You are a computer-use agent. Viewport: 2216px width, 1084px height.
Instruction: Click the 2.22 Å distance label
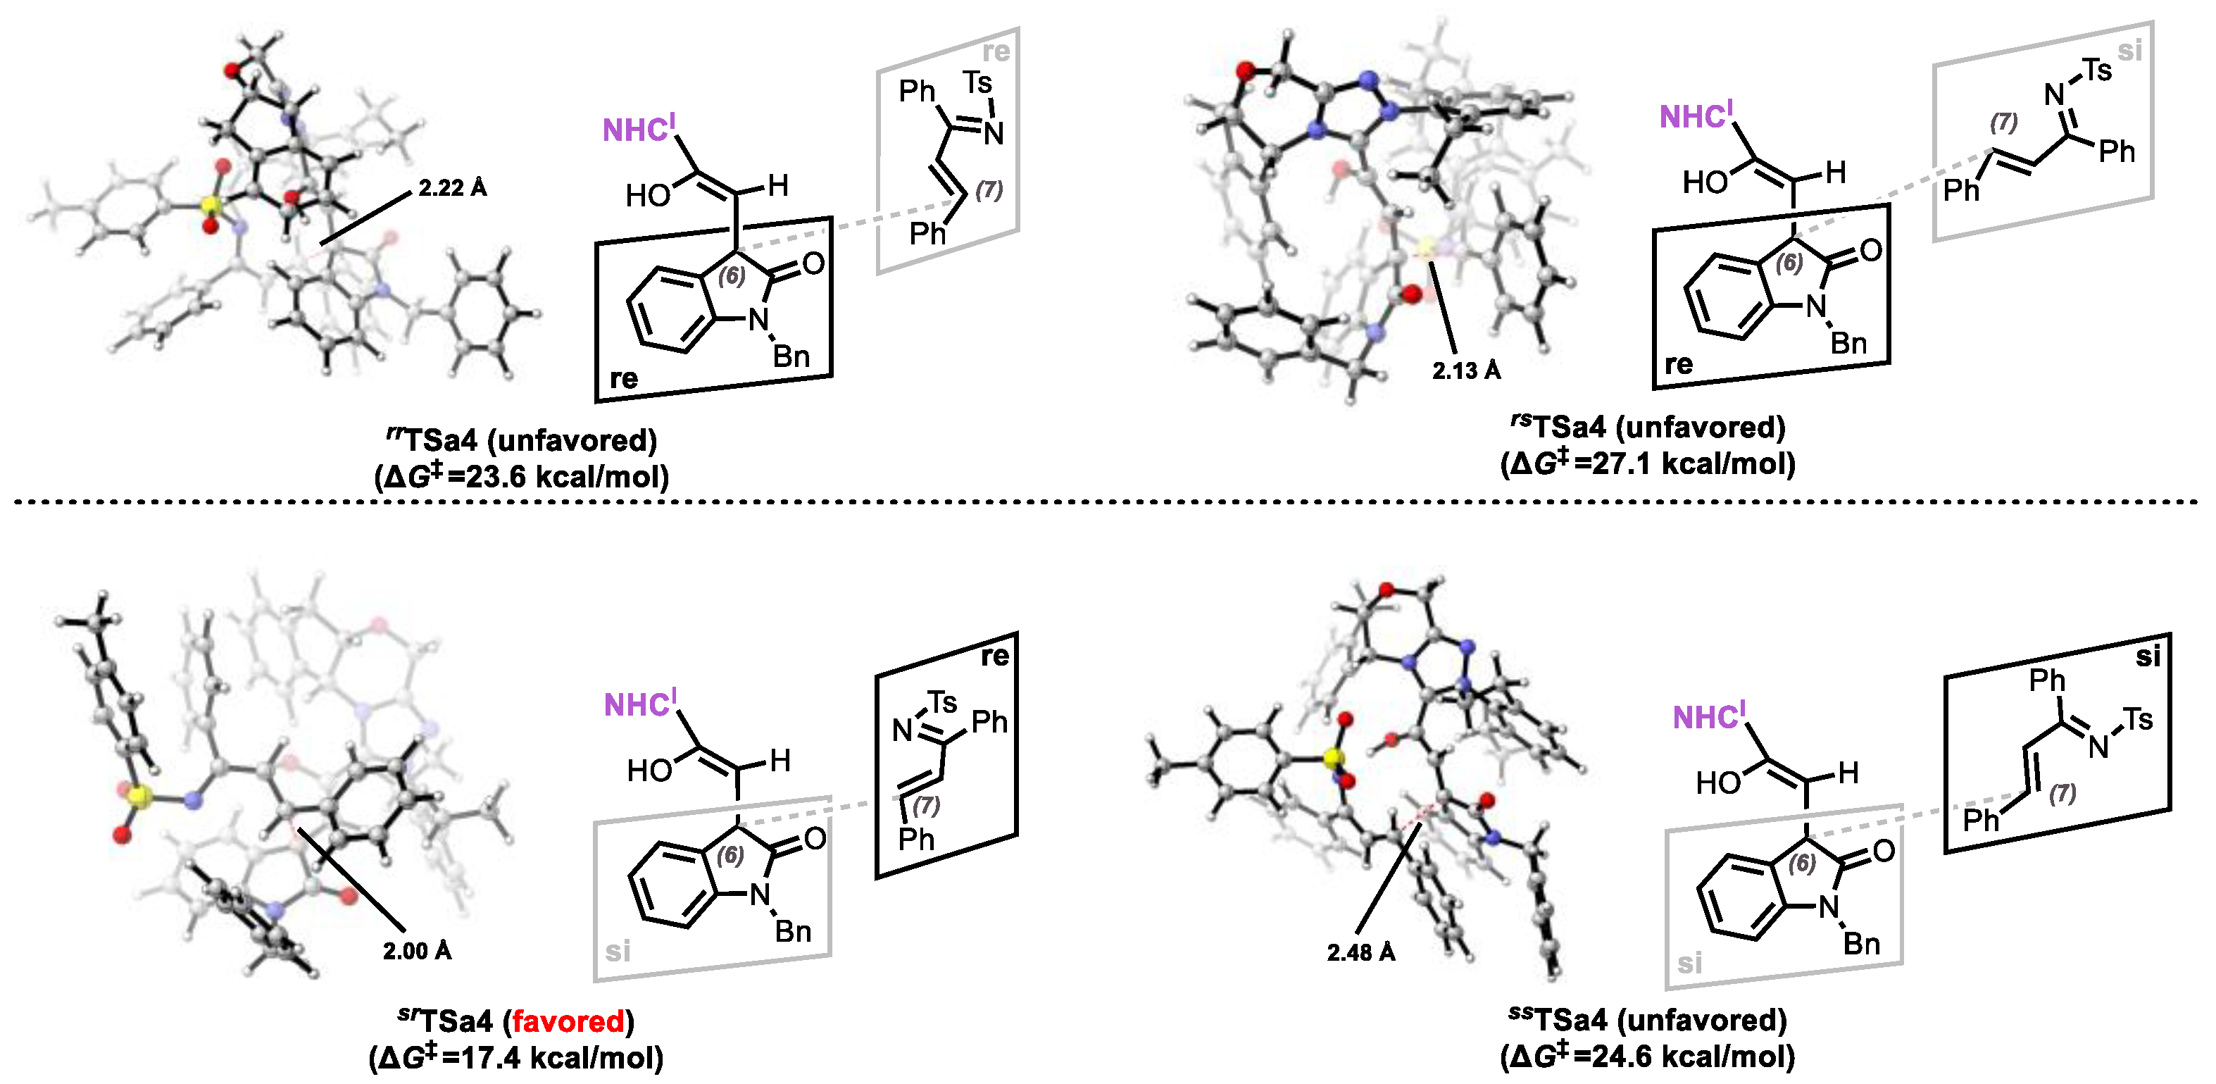pos(453,187)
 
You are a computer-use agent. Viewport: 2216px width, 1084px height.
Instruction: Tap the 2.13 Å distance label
pos(1466,370)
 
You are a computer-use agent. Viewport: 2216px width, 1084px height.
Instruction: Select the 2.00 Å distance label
pos(418,951)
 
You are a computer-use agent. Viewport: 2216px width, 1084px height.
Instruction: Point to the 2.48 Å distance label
pos(1361,952)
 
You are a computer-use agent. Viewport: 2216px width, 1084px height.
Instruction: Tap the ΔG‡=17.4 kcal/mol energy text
pos(516,1057)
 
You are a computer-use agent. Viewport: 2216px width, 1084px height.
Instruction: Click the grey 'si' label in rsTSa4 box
pos(2129,51)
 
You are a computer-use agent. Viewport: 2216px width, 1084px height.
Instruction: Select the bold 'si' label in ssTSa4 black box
pos(2148,657)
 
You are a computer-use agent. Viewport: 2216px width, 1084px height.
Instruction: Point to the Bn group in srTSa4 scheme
pos(792,932)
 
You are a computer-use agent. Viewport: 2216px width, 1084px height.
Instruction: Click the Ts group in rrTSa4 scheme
pos(978,83)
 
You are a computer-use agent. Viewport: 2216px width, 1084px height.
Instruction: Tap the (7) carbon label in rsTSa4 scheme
pos(2003,123)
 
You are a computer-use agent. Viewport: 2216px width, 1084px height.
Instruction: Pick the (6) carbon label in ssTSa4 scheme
pos(1801,864)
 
